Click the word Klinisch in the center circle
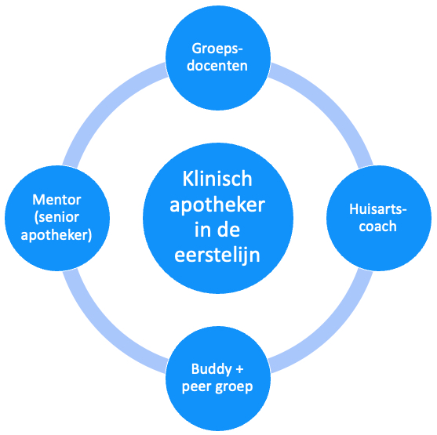pos(217,179)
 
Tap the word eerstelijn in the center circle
pos(217,255)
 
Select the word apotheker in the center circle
pos(217,205)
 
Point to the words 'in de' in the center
pos(217,230)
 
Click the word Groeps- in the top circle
pos(217,49)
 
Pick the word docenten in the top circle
pos(217,66)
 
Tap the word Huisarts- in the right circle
pos(378,208)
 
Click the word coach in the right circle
pos(377,227)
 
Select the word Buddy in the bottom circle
pos(212,370)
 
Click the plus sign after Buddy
pos(239,370)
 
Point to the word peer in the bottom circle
pos(196,387)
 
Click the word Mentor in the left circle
pos(56,200)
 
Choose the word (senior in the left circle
pos(56,217)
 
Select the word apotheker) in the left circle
pos(56,235)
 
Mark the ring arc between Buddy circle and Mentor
pos(105,330)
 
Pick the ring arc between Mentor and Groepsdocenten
pos(105,106)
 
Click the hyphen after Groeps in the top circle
pos(240,51)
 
